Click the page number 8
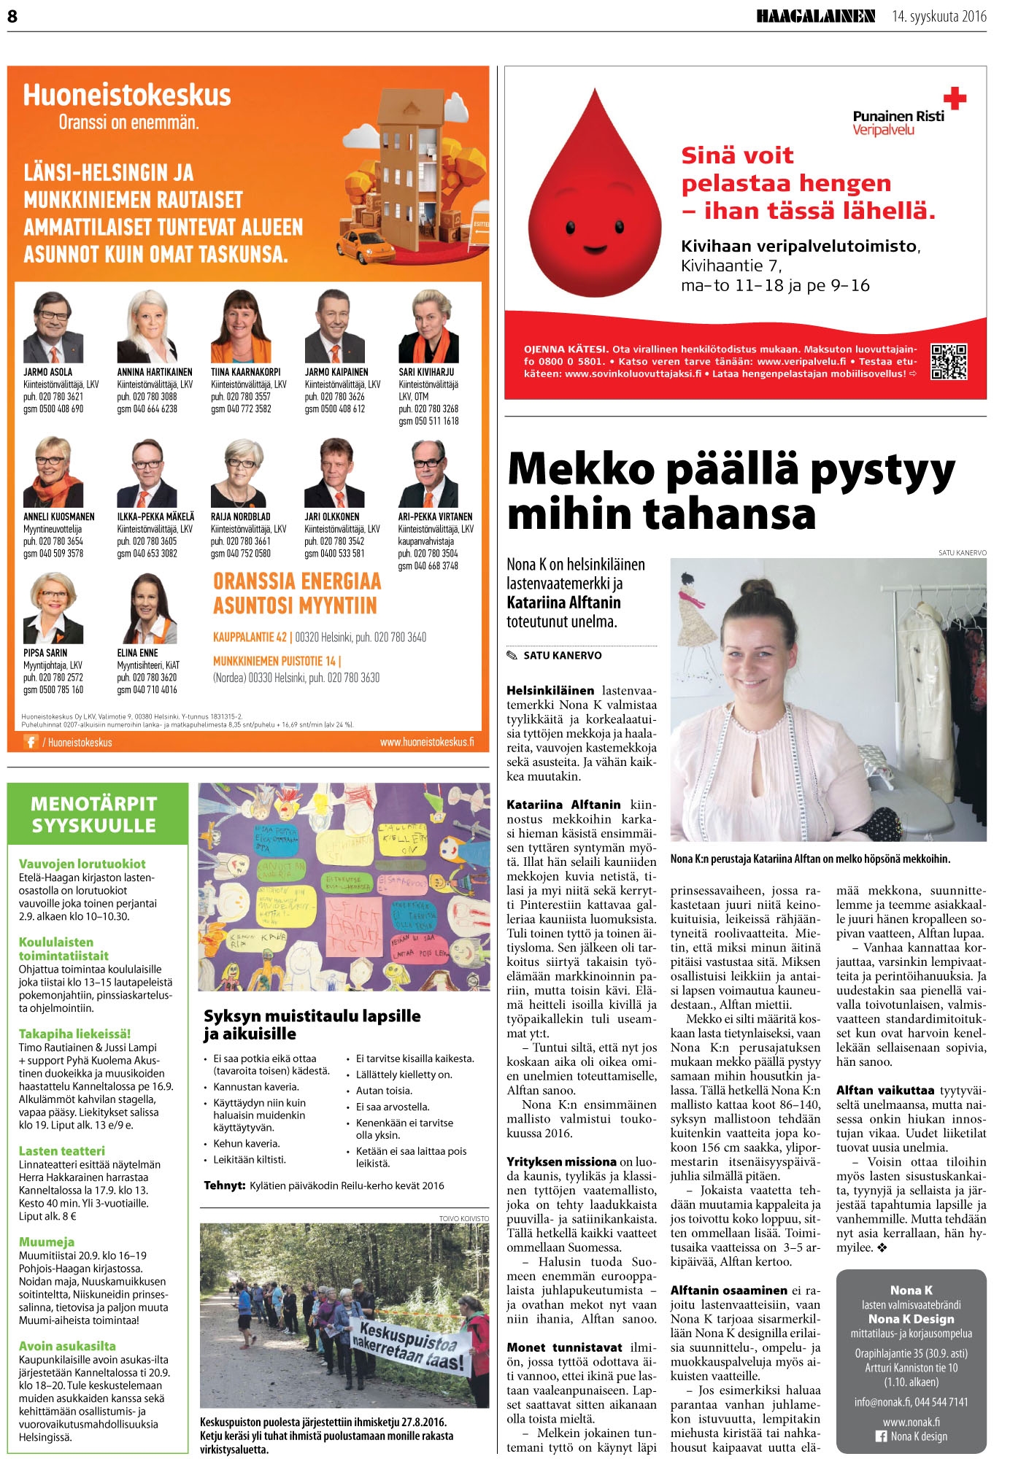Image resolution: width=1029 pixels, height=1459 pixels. tap(12, 16)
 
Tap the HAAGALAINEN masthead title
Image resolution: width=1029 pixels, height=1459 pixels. tap(815, 16)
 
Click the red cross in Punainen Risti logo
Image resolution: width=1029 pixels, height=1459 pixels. tap(954, 98)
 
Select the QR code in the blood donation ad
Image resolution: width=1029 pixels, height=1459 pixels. tap(949, 362)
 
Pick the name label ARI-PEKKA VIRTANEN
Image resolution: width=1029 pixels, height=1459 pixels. tap(435, 516)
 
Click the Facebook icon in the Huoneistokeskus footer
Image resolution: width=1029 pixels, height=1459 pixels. tap(31, 742)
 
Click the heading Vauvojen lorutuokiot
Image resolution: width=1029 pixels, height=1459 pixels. tap(82, 864)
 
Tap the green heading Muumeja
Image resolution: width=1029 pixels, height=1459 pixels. tap(47, 1242)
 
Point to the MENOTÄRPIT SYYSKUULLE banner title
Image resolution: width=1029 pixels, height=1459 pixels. tap(94, 814)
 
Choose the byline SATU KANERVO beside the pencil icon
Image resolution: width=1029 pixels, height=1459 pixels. tap(562, 655)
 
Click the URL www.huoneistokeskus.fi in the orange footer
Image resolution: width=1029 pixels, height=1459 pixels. tap(426, 742)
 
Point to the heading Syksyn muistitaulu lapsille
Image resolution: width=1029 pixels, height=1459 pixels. tap(312, 1016)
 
